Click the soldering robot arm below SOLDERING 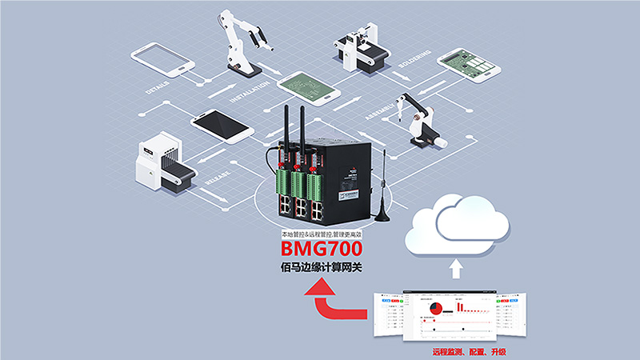[x=419, y=120]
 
